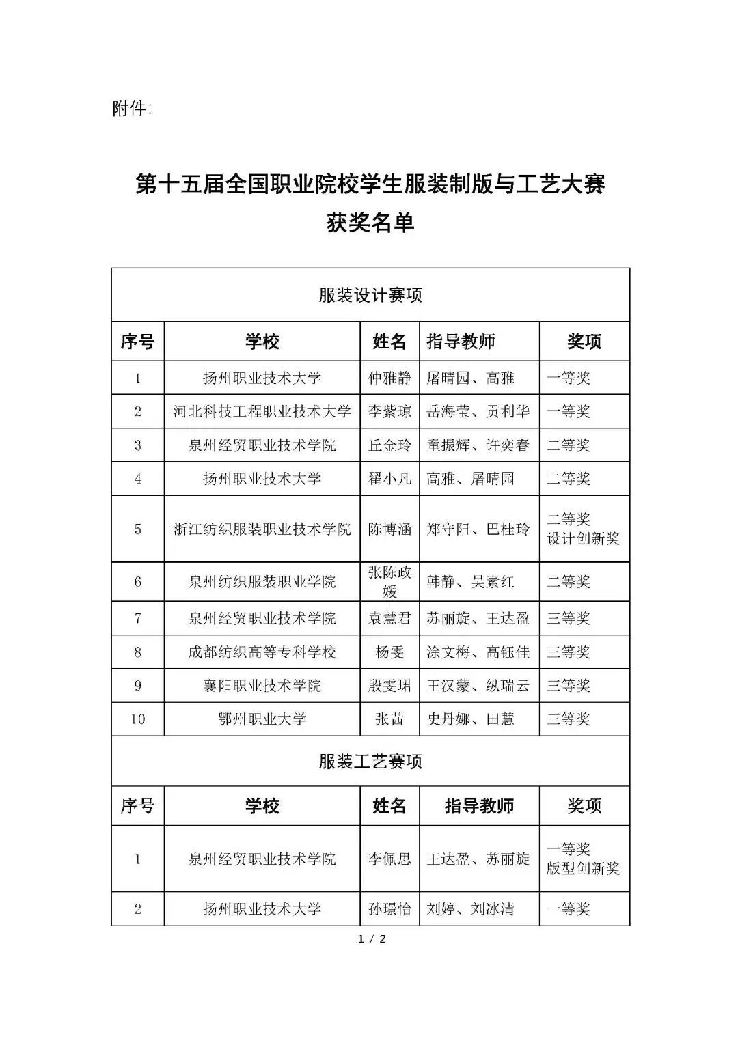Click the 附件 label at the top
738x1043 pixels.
132,109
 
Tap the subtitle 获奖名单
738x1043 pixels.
370,223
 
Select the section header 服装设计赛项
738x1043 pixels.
370,295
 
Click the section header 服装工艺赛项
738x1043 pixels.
370,761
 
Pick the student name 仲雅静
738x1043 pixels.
389,378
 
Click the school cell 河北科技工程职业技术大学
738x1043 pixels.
262,412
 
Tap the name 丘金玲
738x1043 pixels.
389,445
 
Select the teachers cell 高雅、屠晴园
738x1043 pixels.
470,479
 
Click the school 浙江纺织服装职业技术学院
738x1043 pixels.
262,529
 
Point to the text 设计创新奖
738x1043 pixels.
583,538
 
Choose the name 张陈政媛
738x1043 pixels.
389,582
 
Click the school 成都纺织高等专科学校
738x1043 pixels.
262,652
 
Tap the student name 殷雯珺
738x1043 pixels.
389,686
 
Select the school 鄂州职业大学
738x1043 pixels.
262,719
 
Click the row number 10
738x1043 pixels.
138,719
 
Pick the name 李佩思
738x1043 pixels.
389,859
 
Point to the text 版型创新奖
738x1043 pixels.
583,868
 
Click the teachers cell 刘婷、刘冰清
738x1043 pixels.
470,909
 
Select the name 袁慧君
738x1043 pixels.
389,619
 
